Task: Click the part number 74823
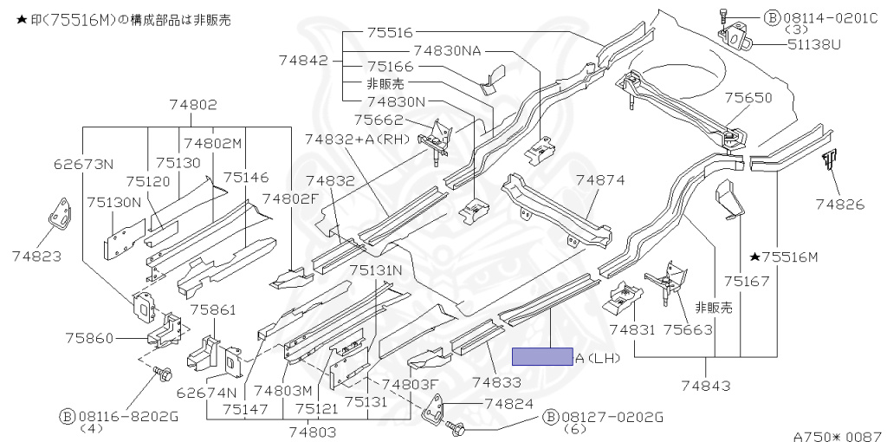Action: point(36,257)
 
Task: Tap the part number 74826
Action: point(839,205)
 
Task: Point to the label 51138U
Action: point(814,43)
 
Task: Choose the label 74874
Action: point(600,180)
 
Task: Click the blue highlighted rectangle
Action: point(542,356)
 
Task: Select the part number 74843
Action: point(706,386)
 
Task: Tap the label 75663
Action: point(688,329)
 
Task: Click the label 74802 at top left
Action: point(193,104)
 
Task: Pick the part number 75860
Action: point(89,338)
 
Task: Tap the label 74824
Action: point(508,404)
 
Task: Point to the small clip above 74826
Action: point(829,160)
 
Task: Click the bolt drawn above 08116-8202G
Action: point(162,374)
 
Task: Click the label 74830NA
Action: point(447,50)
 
